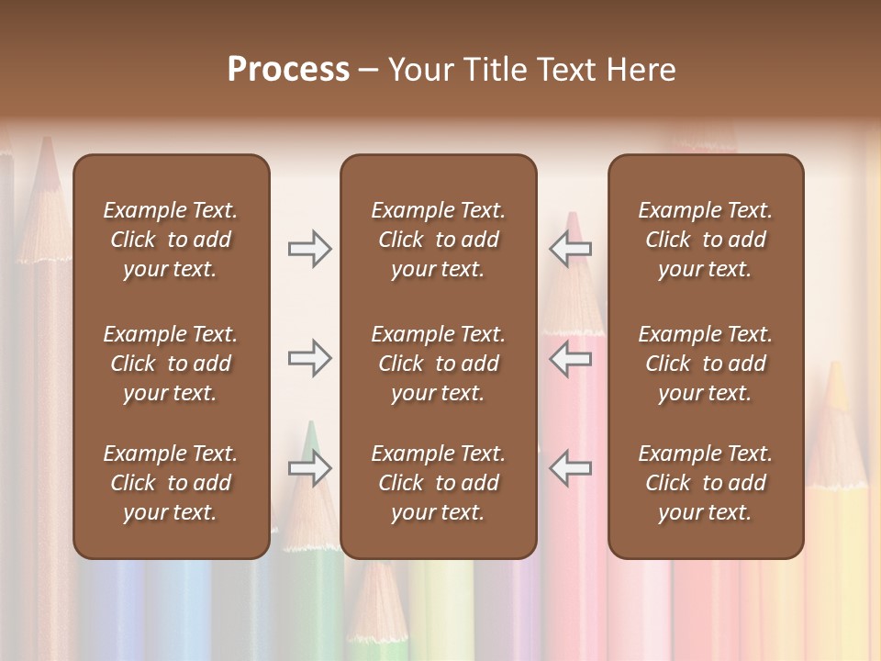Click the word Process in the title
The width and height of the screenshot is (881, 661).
288,70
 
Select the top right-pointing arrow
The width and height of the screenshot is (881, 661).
309,249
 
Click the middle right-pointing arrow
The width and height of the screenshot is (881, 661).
309,358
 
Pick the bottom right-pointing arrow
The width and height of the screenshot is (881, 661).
309,468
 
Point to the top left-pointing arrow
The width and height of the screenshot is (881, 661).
570,249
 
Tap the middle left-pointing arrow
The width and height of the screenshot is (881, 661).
570,358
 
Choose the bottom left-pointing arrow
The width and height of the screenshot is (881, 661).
570,468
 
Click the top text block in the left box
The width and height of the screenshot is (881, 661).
171,240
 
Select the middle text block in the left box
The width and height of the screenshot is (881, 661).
171,364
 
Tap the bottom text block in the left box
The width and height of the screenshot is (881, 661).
171,483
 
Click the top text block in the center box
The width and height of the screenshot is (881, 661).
438,240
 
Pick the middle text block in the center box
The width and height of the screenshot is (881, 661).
438,364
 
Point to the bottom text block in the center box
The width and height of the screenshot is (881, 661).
438,483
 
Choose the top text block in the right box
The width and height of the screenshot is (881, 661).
705,240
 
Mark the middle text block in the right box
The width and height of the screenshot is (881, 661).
705,364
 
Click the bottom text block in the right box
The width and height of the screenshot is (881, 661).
705,483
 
